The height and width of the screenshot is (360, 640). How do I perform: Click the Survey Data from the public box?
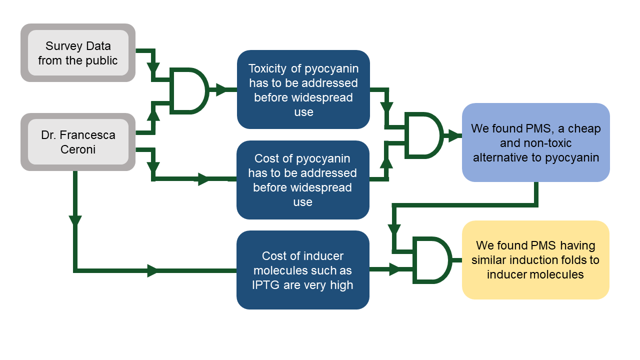(78, 53)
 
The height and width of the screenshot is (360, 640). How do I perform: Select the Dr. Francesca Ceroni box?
(78, 142)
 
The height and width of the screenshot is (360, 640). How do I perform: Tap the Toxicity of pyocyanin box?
(303, 89)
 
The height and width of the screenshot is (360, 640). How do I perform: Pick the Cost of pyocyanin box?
(303, 180)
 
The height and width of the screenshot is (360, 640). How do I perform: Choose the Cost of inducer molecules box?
(303, 270)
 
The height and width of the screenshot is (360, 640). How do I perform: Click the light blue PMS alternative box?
(535, 142)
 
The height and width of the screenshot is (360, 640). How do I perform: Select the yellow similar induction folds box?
(535, 260)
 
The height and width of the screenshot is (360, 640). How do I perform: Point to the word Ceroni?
(78, 149)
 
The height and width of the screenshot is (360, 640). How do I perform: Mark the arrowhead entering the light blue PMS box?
(454, 135)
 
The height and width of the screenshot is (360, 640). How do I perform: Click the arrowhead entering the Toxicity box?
(220, 90)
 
